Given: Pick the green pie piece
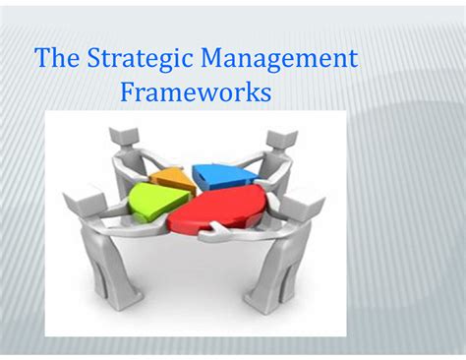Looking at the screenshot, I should tap(156, 203).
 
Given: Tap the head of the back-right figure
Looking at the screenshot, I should tap(282, 140).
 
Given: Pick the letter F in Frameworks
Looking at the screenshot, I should tap(128, 93).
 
